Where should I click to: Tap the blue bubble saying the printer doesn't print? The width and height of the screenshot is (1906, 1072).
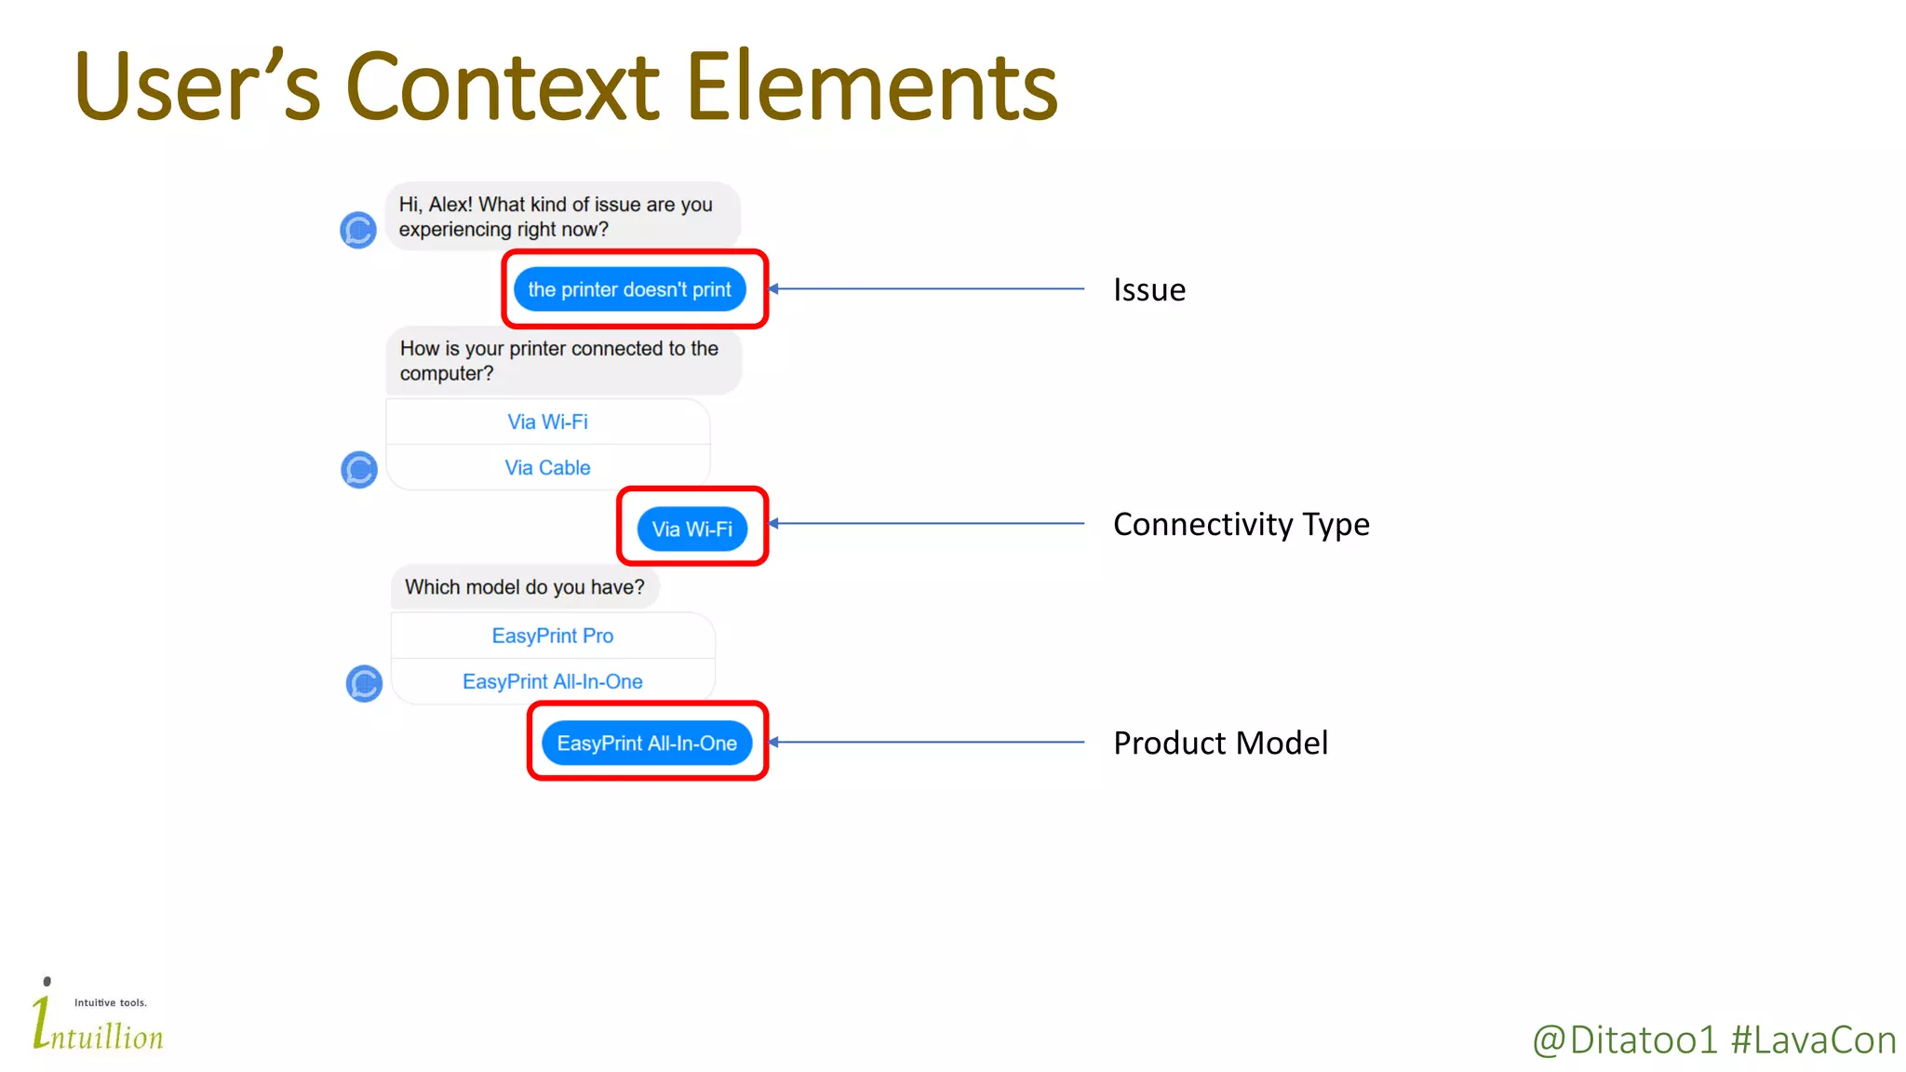tap(630, 289)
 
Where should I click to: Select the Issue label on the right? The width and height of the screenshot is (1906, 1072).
tap(1149, 289)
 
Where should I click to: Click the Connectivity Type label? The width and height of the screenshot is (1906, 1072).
tap(1241, 524)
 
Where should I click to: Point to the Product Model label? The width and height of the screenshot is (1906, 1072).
tap(1220, 743)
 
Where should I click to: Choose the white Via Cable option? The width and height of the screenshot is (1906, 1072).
tap(547, 467)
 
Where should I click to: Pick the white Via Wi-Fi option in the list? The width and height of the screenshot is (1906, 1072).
tap(547, 422)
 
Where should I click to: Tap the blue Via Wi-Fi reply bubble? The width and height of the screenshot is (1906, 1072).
tap(691, 529)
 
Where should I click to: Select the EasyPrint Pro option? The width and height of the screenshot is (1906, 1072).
tap(552, 636)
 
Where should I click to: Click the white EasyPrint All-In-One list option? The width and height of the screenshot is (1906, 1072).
tap(552, 681)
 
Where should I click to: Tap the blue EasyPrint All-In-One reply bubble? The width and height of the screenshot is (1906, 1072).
tap(647, 743)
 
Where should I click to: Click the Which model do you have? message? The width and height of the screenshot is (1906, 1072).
tap(524, 587)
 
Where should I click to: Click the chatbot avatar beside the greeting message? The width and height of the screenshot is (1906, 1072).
tap(358, 230)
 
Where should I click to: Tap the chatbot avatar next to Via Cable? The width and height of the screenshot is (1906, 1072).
tap(358, 469)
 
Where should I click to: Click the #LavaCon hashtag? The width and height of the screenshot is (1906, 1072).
tap(1813, 1040)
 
